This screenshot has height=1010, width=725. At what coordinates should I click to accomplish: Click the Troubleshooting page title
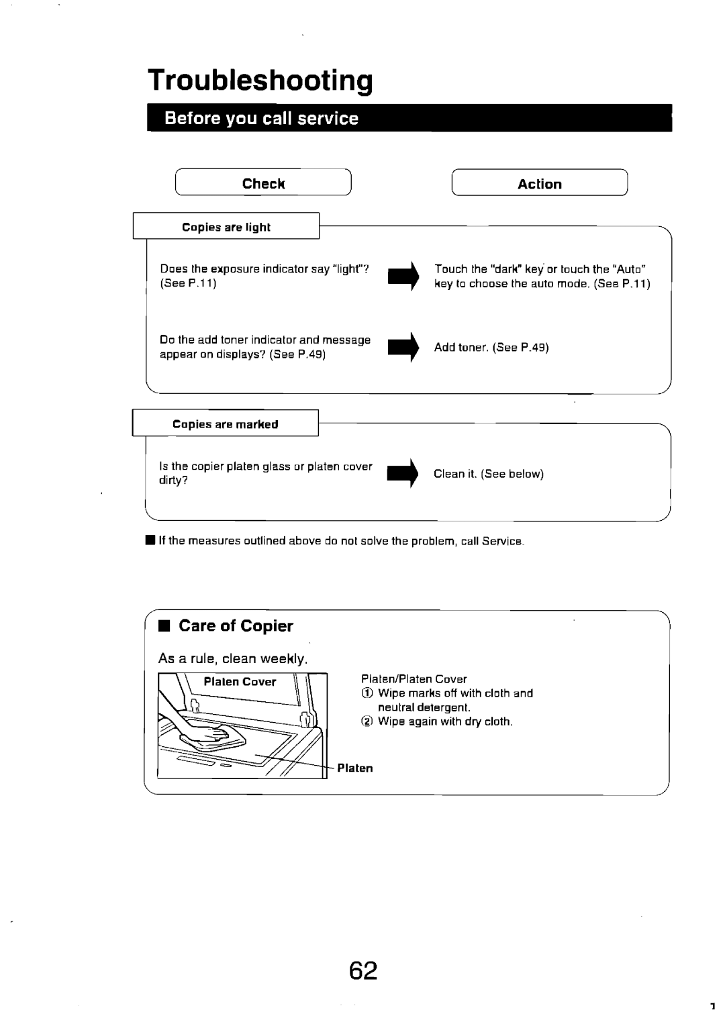[x=260, y=81]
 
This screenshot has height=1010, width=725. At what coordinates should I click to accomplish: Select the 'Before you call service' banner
[x=409, y=118]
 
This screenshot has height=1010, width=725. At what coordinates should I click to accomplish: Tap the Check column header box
[x=263, y=183]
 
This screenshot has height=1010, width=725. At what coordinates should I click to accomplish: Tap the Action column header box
[x=540, y=183]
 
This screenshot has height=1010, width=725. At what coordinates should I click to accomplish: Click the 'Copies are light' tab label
[x=226, y=227]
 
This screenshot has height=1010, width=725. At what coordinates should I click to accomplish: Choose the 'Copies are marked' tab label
[x=225, y=424]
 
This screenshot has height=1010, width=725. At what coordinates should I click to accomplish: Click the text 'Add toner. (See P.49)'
[x=491, y=348]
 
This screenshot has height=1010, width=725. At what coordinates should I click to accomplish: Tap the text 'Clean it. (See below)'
[x=488, y=474]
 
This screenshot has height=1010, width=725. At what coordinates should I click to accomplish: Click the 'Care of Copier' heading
[x=236, y=626]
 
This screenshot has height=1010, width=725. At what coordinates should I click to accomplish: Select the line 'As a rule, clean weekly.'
[x=233, y=658]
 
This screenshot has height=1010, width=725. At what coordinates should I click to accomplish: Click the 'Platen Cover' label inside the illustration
[x=240, y=682]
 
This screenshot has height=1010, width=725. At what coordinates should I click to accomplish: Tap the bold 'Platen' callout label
[x=354, y=768]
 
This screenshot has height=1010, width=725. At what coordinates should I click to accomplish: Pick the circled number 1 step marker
[x=367, y=693]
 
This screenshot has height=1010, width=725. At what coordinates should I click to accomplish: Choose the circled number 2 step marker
[x=367, y=722]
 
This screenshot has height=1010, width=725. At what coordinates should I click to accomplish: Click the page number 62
[x=363, y=971]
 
